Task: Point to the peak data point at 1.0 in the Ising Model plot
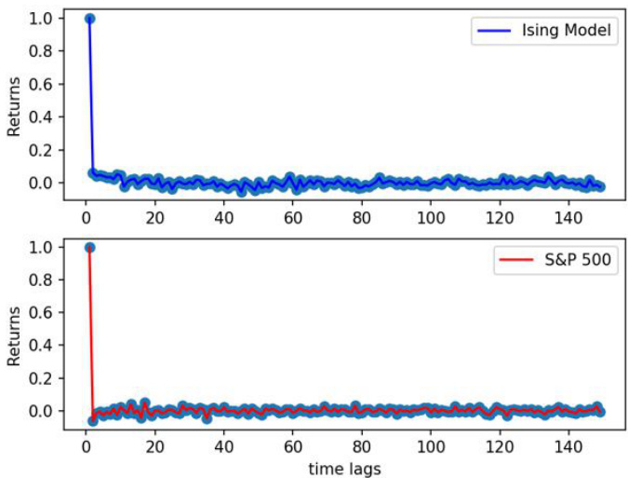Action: point(89,19)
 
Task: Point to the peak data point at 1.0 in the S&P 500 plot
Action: point(89,247)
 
